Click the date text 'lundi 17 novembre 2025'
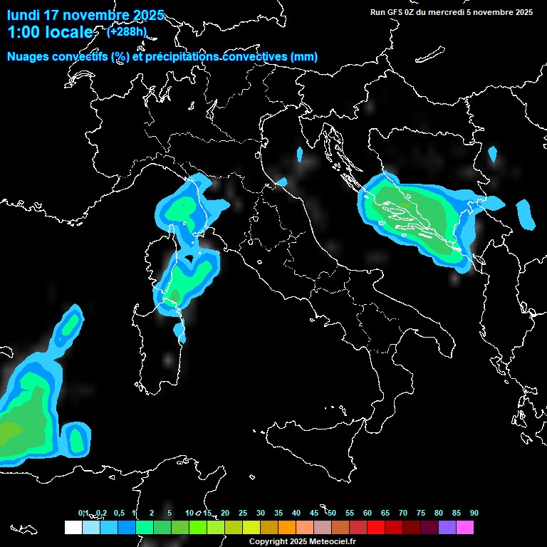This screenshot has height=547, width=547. pyautogui.click(x=85, y=15)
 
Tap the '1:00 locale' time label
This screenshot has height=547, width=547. pyautogui.click(x=50, y=32)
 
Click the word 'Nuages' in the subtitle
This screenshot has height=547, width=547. pyautogui.click(x=28, y=57)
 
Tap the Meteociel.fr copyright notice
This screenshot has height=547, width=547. pyautogui.click(x=303, y=541)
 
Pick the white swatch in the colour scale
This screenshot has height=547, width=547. pyautogui.click(x=73, y=528)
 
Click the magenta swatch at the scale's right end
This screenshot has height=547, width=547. pyautogui.click(x=465, y=528)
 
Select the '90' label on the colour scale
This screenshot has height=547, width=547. pyautogui.click(x=474, y=513)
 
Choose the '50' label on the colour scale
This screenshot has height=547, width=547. pyautogui.click(x=332, y=513)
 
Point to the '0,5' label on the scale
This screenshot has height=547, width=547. pyautogui.click(x=118, y=513)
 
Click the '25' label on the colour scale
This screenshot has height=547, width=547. pyautogui.click(x=243, y=513)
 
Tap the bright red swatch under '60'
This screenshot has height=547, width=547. pyautogui.click(x=376, y=528)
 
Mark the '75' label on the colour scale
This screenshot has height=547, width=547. pyautogui.click(x=421, y=513)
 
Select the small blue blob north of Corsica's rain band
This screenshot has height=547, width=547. pyautogui.click(x=299, y=155)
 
